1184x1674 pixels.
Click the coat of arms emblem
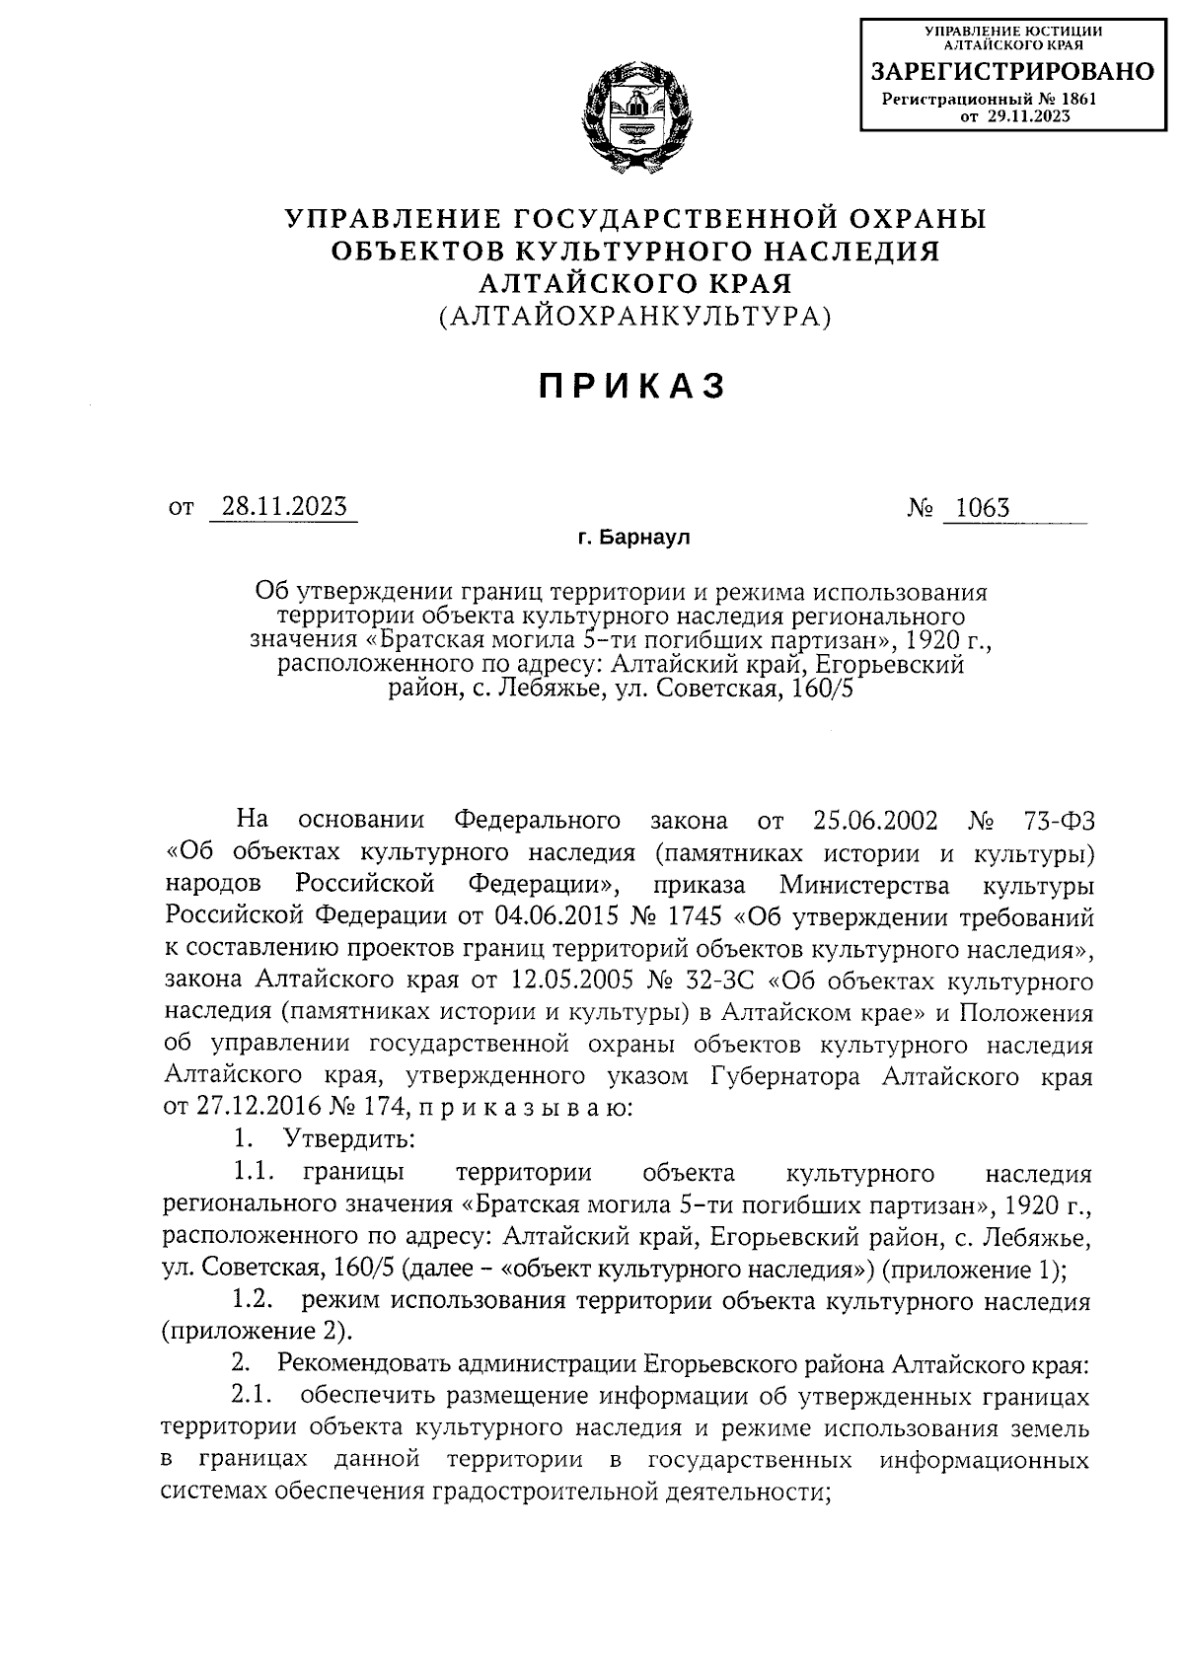(635, 116)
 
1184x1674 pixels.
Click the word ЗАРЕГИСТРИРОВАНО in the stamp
(1011, 72)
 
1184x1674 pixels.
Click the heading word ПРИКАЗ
(632, 387)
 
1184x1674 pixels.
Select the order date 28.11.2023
(284, 507)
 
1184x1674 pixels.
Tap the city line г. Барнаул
(634, 539)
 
